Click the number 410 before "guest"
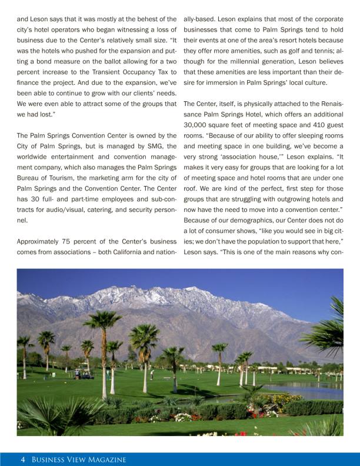click(305, 125)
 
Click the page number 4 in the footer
click(22, 460)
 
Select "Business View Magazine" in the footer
click(79, 460)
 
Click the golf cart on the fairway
click(85, 374)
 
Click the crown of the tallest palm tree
click(102, 320)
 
